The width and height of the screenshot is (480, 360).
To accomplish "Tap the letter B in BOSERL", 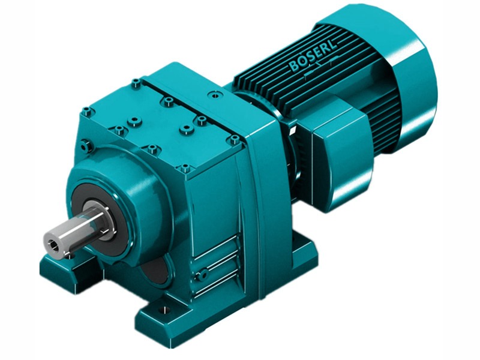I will click(x=295, y=67).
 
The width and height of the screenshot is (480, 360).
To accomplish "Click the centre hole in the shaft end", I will click(x=53, y=243).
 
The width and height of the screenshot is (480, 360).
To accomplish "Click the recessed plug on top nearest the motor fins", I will click(x=212, y=95).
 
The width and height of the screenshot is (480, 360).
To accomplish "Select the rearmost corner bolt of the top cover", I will click(x=136, y=83).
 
